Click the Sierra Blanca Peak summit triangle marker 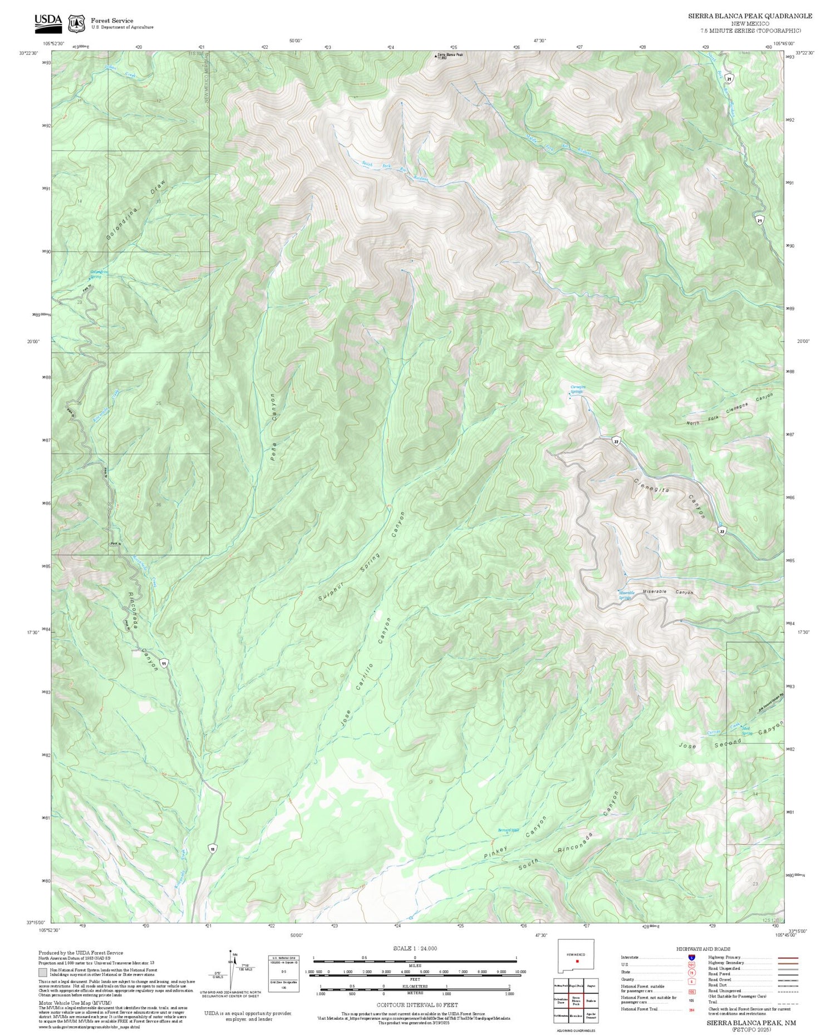tap(436, 56)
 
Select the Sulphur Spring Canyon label tap(361, 556)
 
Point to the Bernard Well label tap(508, 831)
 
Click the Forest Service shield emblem tap(76, 23)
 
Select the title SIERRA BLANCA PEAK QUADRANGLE tap(750, 16)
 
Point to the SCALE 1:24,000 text tap(415, 948)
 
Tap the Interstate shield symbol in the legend tap(692, 957)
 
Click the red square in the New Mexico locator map tap(578, 961)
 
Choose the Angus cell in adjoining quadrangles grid tap(592, 985)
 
